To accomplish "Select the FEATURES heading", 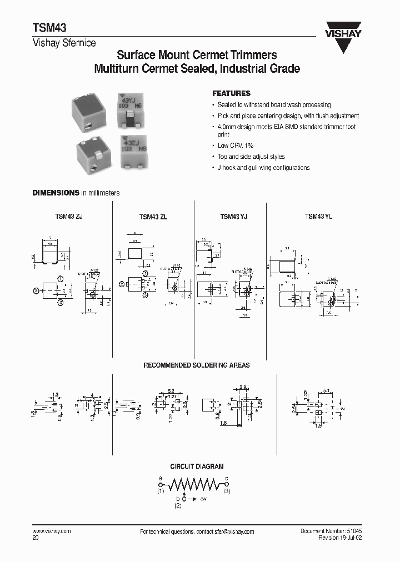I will tap(232, 94).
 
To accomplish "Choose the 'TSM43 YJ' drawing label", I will tap(234, 217).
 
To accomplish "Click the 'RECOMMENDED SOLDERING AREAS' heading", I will tap(197, 365).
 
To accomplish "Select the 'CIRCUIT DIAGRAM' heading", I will tap(197, 467).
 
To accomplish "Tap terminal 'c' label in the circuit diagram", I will tap(226, 478).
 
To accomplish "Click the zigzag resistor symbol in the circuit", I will tap(194, 485).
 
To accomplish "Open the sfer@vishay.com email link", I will tap(234, 532).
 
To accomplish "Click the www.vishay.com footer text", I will tap(52, 531).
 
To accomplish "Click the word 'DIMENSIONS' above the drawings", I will tap(56, 193).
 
